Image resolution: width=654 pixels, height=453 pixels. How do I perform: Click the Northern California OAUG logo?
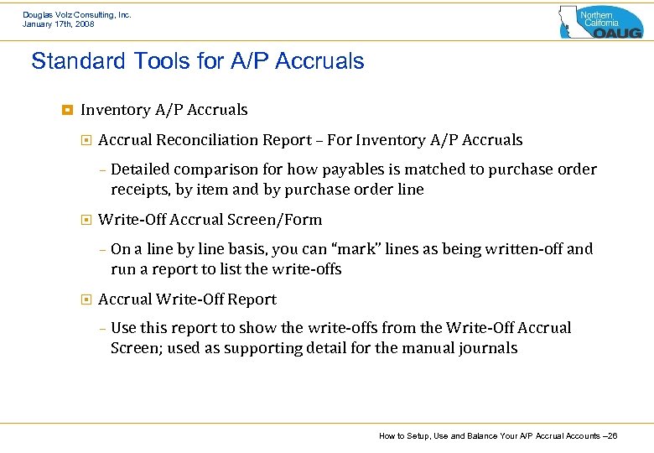coord(601,21)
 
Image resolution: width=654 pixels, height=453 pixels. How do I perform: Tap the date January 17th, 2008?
coord(59,24)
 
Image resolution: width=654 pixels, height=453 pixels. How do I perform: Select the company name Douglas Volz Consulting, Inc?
coord(77,14)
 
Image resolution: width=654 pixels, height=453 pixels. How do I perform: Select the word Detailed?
coord(142,169)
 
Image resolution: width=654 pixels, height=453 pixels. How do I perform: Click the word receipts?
coord(140,190)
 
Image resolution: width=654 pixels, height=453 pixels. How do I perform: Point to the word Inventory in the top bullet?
coord(116,110)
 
